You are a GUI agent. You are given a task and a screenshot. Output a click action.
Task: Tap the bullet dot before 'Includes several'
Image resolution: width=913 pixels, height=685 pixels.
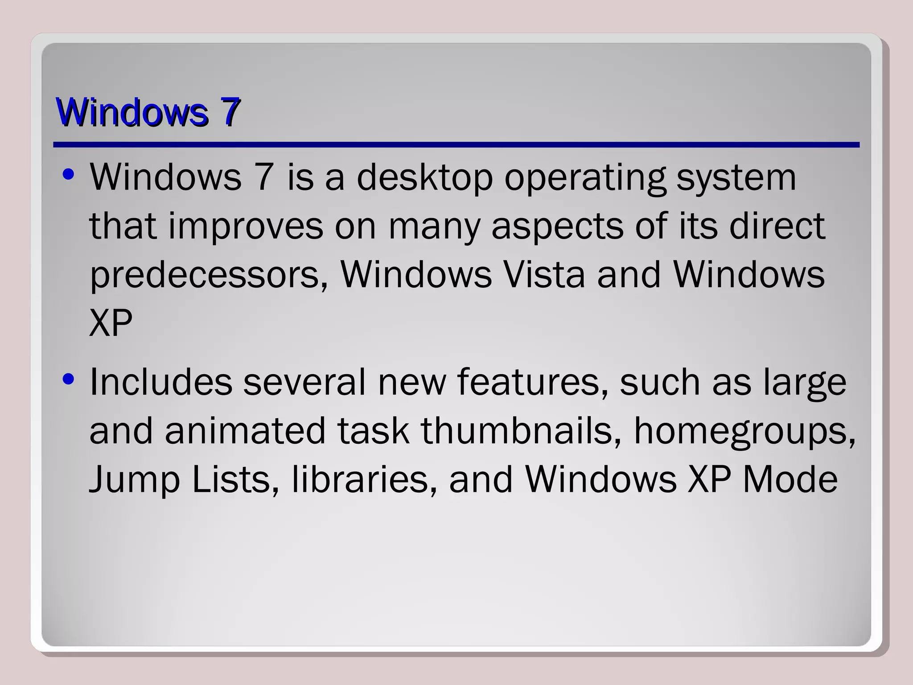coord(68,380)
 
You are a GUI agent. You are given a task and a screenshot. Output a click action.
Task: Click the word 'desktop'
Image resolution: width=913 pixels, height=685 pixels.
coord(424,178)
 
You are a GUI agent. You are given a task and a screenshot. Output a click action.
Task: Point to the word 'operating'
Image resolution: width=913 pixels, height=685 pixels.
coord(584,178)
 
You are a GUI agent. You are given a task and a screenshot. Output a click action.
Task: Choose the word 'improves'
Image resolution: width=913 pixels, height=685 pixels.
coord(246,227)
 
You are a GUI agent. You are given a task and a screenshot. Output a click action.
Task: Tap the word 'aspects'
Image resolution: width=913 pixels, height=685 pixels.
coord(558,227)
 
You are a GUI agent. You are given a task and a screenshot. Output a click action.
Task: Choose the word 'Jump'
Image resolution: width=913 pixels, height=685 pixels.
coord(134,480)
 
